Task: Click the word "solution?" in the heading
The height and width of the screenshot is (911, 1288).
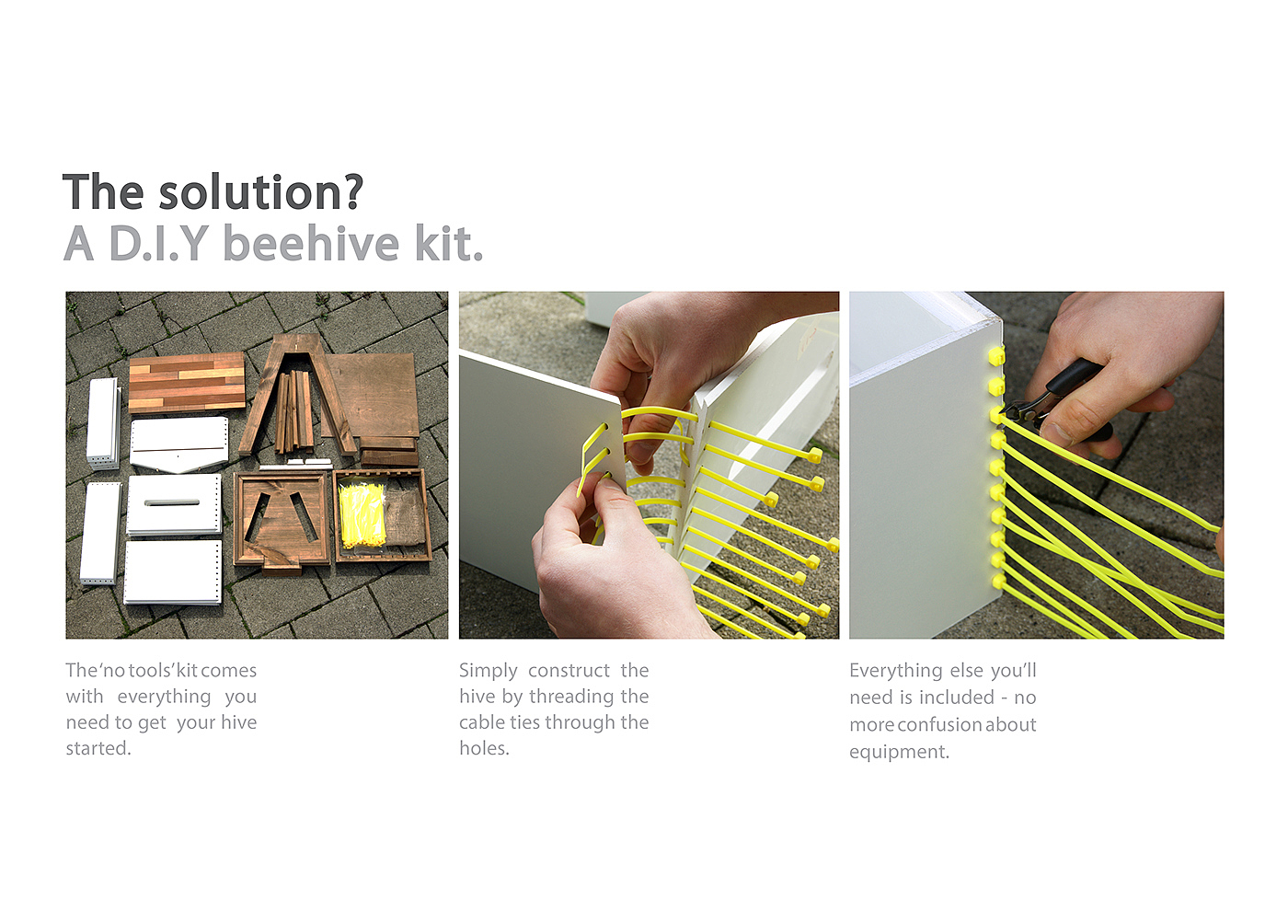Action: [261, 191]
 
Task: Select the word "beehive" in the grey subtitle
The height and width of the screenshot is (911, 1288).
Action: [311, 243]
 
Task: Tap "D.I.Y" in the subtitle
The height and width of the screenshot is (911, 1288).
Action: [158, 243]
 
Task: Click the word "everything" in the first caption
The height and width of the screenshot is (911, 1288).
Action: [164, 697]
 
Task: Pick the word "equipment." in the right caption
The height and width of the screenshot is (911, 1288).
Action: [899, 752]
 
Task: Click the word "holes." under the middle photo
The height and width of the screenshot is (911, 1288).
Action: [484, 747]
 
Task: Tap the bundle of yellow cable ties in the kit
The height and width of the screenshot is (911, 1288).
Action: [362, 515]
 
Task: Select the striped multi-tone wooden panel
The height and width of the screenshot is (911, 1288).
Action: [187, 382]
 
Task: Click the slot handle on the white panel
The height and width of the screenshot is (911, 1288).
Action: [172, 502]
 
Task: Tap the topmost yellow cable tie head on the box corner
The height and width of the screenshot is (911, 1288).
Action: [995, 355]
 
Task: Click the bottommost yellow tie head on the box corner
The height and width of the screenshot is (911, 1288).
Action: [999, 582]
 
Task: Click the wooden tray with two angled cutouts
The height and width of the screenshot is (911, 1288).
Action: [282, 519]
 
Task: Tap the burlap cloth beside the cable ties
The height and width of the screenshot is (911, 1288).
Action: [405, 515]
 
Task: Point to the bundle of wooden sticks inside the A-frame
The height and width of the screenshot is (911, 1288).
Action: [293, 411]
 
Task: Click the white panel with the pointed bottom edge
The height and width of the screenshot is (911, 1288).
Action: [179, 444]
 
